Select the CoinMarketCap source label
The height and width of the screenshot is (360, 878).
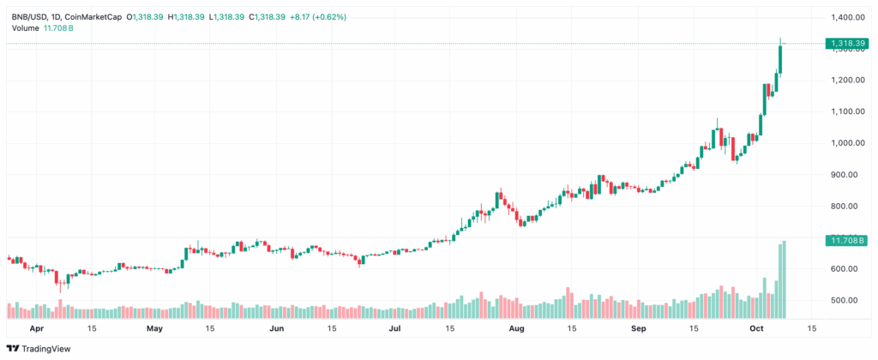(96, 17)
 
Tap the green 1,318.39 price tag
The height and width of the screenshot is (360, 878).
(845, 43)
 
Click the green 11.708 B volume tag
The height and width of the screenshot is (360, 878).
(844, 241)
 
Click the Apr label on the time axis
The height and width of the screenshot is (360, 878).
(37, 327)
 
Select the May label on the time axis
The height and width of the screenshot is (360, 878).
(154, 327)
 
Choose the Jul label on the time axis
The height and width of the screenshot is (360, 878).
(395, 327)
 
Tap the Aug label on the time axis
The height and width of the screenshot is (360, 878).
(516, 327)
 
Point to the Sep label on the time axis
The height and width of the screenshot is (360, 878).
(638, 327)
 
